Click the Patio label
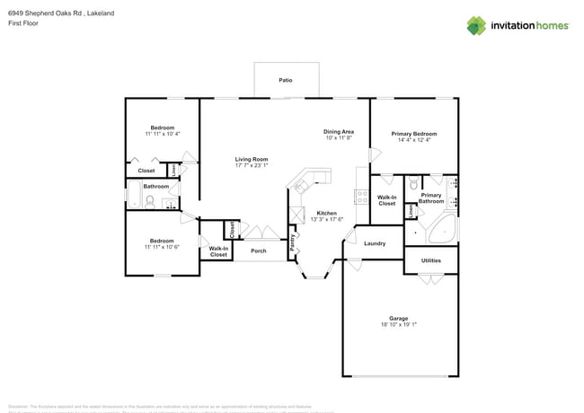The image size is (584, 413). pos(285,80)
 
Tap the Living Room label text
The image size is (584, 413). pos(252,159)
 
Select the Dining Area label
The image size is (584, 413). pos(339,132)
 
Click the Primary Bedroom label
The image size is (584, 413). pos(414,133)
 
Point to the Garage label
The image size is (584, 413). pos(399,318)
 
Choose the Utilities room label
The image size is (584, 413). pos(431,260)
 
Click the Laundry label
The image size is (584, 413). pos(375,243)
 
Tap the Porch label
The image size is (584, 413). pos(258,250)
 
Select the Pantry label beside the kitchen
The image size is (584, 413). pos(293,242)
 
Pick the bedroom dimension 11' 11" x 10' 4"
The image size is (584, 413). pos(162,134)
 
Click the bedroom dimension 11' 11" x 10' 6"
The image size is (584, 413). pos(162,246)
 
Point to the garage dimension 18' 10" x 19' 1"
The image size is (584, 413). pos(399,324)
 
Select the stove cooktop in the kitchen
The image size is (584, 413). pos(360,194)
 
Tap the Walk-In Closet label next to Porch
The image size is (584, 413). pos(218,251)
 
